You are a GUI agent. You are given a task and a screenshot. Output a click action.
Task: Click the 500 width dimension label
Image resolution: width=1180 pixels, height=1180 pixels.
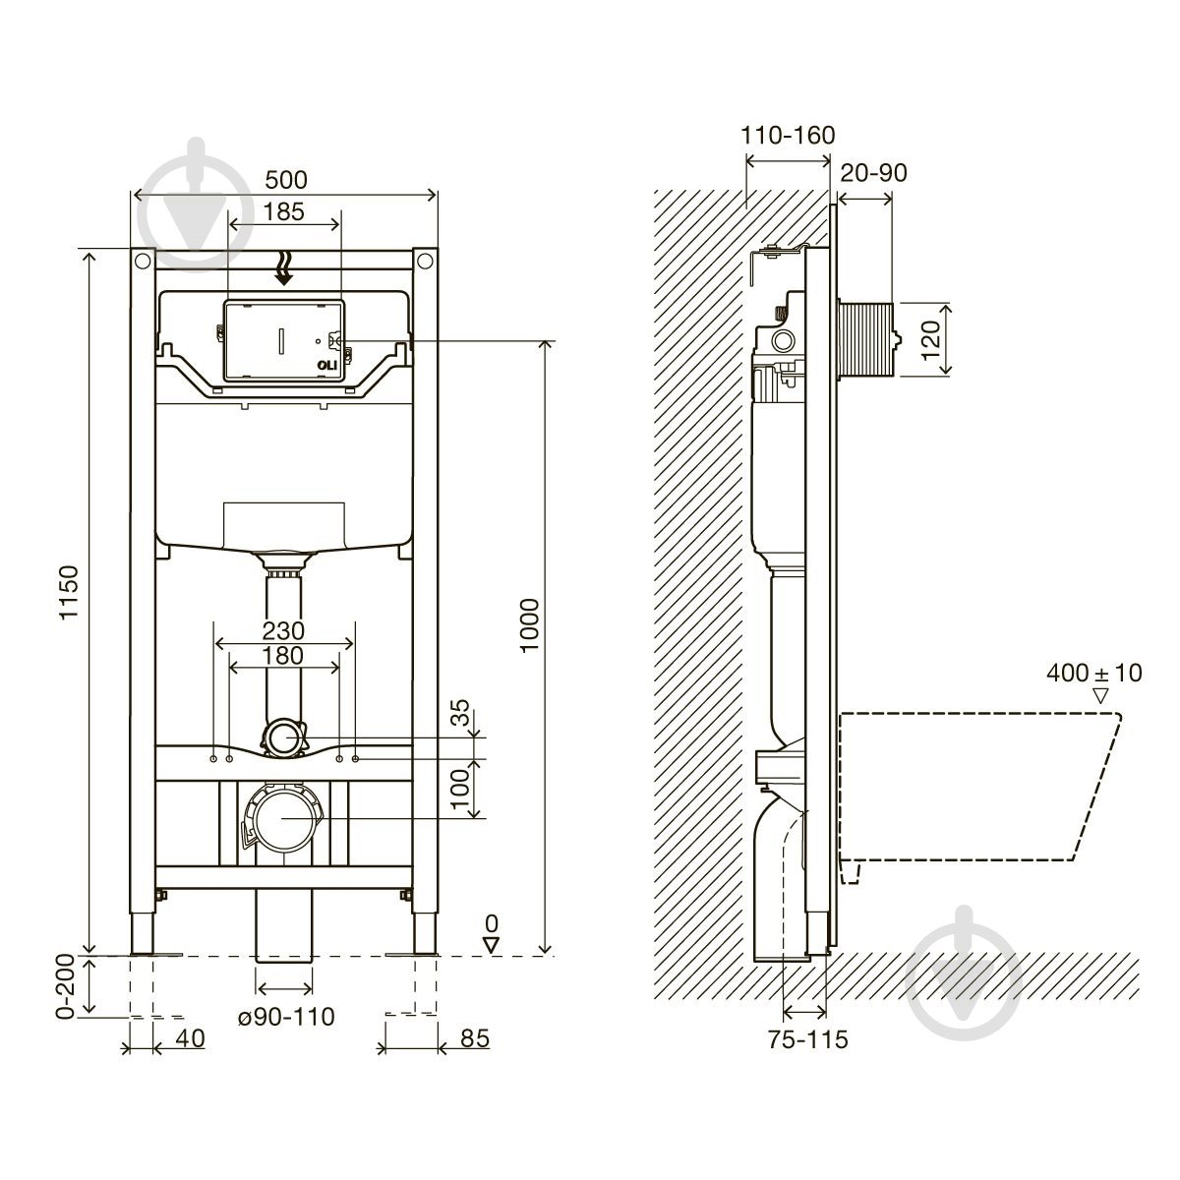pos(285,180)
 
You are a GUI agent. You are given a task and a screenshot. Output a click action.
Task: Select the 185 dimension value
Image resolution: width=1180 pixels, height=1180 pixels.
pos(283,211)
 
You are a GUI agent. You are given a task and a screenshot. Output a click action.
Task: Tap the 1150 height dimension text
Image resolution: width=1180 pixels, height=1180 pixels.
pos(69,592)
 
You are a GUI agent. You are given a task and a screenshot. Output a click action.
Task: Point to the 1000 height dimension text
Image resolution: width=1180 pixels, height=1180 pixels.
pos(529,625)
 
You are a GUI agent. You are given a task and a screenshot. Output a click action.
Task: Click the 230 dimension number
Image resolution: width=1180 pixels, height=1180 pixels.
pos(283,630)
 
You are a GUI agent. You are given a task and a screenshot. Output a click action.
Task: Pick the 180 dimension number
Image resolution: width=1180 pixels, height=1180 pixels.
pos(283,655)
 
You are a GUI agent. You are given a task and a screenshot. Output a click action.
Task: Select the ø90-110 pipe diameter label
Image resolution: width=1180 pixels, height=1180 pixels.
pos(286,1017)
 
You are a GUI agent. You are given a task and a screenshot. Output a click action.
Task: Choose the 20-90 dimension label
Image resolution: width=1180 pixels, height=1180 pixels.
pos(873,173)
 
